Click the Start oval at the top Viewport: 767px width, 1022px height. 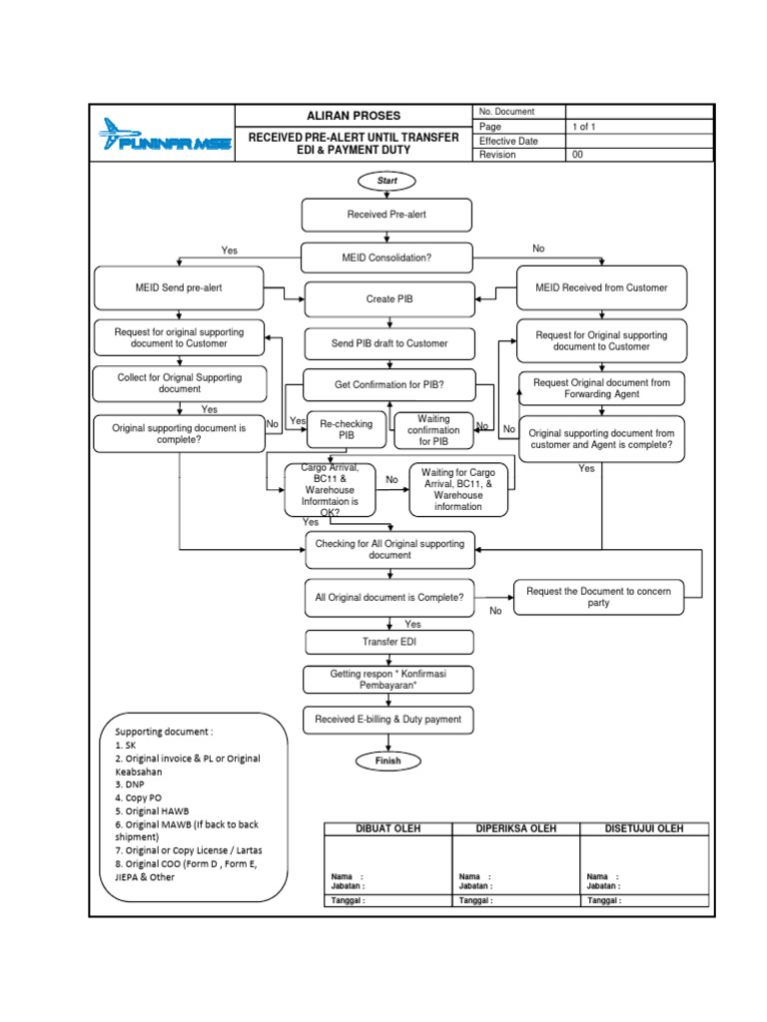coord(387,182)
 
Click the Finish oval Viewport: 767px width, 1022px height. coord(387,761)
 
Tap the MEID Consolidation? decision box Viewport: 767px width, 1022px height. coord(387,256)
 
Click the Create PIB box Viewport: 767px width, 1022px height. coord(390,299)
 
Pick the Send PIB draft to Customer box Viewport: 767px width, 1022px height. coord(389,343)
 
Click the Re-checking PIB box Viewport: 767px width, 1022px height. coord(346,429)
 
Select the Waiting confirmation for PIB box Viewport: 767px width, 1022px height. coord(433,430)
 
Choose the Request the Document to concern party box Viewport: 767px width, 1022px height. coord(598,597)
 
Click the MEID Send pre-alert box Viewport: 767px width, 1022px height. coord(179,287)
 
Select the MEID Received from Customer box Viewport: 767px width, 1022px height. coord(601,287)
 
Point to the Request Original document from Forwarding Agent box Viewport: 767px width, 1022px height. coord(601,388)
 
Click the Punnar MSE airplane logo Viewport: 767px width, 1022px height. coord(164,135)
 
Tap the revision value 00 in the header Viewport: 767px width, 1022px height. coord(577,155)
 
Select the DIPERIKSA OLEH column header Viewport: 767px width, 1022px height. coord(516,828)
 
